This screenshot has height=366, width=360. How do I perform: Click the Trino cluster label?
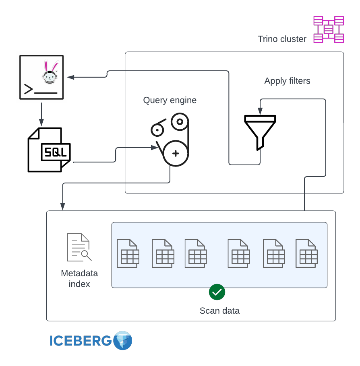click(x=282, y=39)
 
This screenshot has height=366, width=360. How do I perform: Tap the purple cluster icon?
click(x=328, y=29)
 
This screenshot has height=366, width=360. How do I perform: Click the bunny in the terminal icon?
click(x=50, y=72)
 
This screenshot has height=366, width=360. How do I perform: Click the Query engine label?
click(x=170, y=100)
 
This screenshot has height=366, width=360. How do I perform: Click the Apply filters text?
click(x=287, y=81)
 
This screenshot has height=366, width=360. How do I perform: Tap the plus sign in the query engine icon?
click(x=176, y=153)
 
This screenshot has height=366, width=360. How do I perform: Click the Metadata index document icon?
click(x=79, y=247)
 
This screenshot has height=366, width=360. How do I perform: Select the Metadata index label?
click(x=79, y=279)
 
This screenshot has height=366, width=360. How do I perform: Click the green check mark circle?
click(x=217, y=292)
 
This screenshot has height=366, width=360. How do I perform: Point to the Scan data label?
click(x=219, y=311)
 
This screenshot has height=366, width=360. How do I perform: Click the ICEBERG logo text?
click(x=81, y=341)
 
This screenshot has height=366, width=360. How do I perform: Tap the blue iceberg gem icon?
click(x=123, y=341)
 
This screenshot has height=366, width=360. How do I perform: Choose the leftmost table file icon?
click(x=128, y=253)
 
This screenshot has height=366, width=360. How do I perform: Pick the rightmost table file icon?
click(x=306, y=253)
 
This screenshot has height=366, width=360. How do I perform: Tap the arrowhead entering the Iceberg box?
click(x=63, y=206)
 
